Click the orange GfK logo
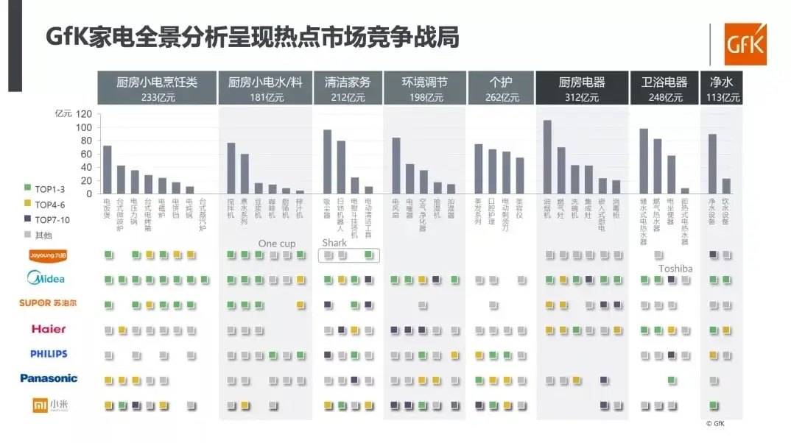coord(745,43)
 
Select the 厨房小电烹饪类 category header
coord(156,82)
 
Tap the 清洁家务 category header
coord(347,82)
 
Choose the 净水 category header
coord(721,82)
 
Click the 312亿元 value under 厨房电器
coord(582,97)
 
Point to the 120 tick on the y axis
coord(83,114)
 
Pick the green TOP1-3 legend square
coord(27,188)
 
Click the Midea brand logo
coord(46,279)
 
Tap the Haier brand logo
coord(49,329)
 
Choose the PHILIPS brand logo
coord(49,354)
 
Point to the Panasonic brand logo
coord(49,378)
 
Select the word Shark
coord(334,243)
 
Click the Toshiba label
coord(675,269)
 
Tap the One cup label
coord(277,244)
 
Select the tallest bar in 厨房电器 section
coord(547,157)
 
